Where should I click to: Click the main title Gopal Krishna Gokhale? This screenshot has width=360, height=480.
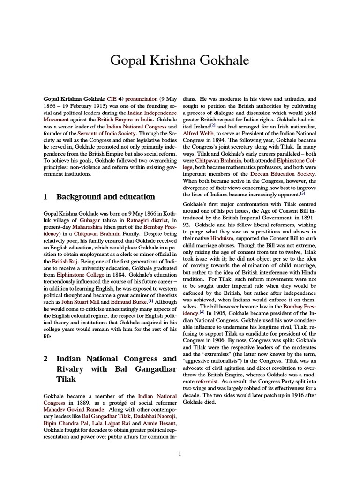tap(180, 61)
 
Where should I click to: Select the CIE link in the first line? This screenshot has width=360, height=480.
tap(112, 99)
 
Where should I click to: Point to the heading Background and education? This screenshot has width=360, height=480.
tap(105, 197)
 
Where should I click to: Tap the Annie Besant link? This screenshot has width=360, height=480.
tap(160, 423)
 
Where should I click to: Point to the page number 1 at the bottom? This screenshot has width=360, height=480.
tap(180, 453)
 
